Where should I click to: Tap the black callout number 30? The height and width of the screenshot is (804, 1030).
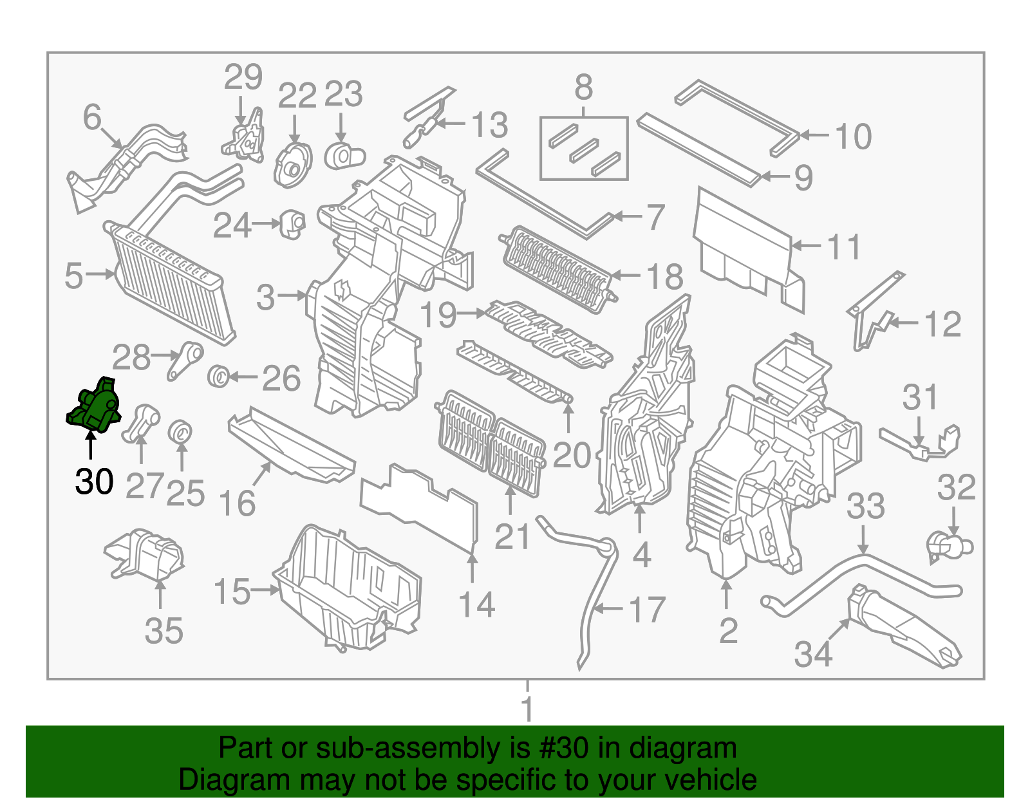click(x=94, y=481)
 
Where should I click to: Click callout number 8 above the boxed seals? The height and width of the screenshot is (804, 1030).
click(x=583, y=88)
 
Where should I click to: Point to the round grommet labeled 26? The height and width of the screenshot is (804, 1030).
click(x=220, y=376)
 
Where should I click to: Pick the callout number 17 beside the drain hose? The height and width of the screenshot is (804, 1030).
click(x=647, y=610)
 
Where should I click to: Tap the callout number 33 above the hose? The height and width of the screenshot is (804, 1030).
click(x=865, y=507)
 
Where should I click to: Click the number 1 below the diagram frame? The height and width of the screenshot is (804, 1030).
click(x=527, y=708)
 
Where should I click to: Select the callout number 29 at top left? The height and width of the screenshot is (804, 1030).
click(x=243, y=78)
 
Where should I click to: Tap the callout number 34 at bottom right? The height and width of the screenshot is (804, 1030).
click(x=813, y=654)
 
